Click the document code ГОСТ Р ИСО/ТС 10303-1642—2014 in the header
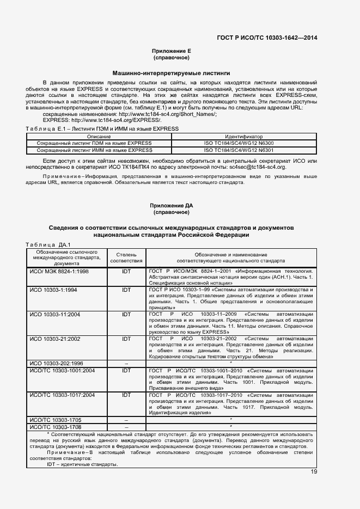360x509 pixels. [267, 38]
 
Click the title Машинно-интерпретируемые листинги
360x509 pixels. [171, 72]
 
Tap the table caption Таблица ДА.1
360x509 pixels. [45, 244]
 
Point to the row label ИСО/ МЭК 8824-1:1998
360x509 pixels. [59, 271]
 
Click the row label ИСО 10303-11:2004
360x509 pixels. [54, 314]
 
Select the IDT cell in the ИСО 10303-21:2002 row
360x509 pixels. [126, 338]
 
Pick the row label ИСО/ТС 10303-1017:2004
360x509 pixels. [62, 395]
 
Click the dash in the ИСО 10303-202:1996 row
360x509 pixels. [126, 363]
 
